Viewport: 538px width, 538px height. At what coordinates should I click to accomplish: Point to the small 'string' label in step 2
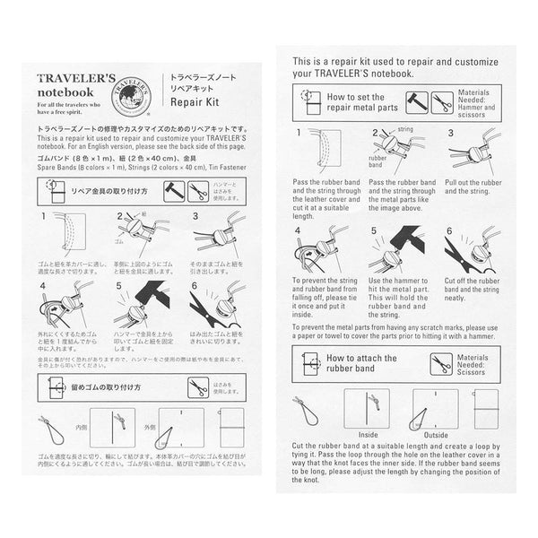click(406, 129)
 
